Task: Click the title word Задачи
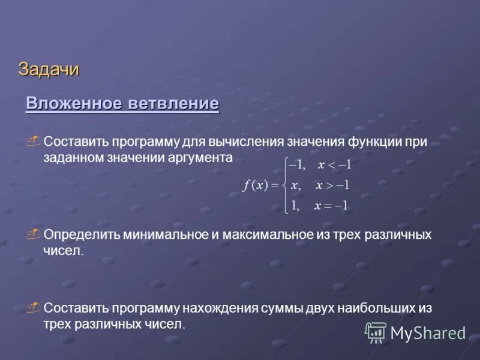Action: pos(49,70)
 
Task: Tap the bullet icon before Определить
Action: pos(34,234)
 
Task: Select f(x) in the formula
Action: pos(255,185)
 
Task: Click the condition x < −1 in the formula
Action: pos(334,165)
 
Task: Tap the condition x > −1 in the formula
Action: pos(332,185)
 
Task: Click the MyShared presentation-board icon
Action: pos(376,332)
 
